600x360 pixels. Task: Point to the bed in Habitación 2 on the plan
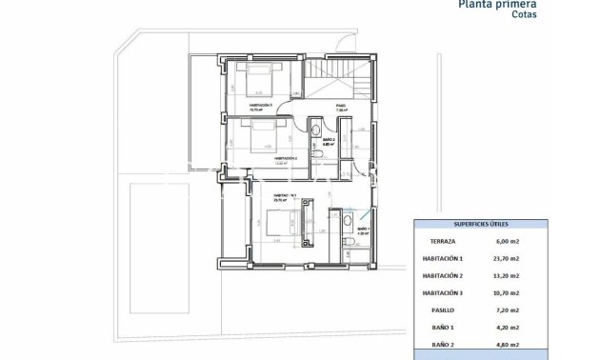[263, 135]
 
